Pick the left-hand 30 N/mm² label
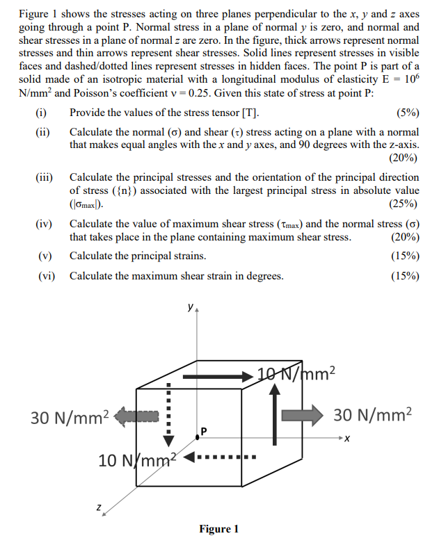click(70, 417)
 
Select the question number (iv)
click(45, 224)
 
